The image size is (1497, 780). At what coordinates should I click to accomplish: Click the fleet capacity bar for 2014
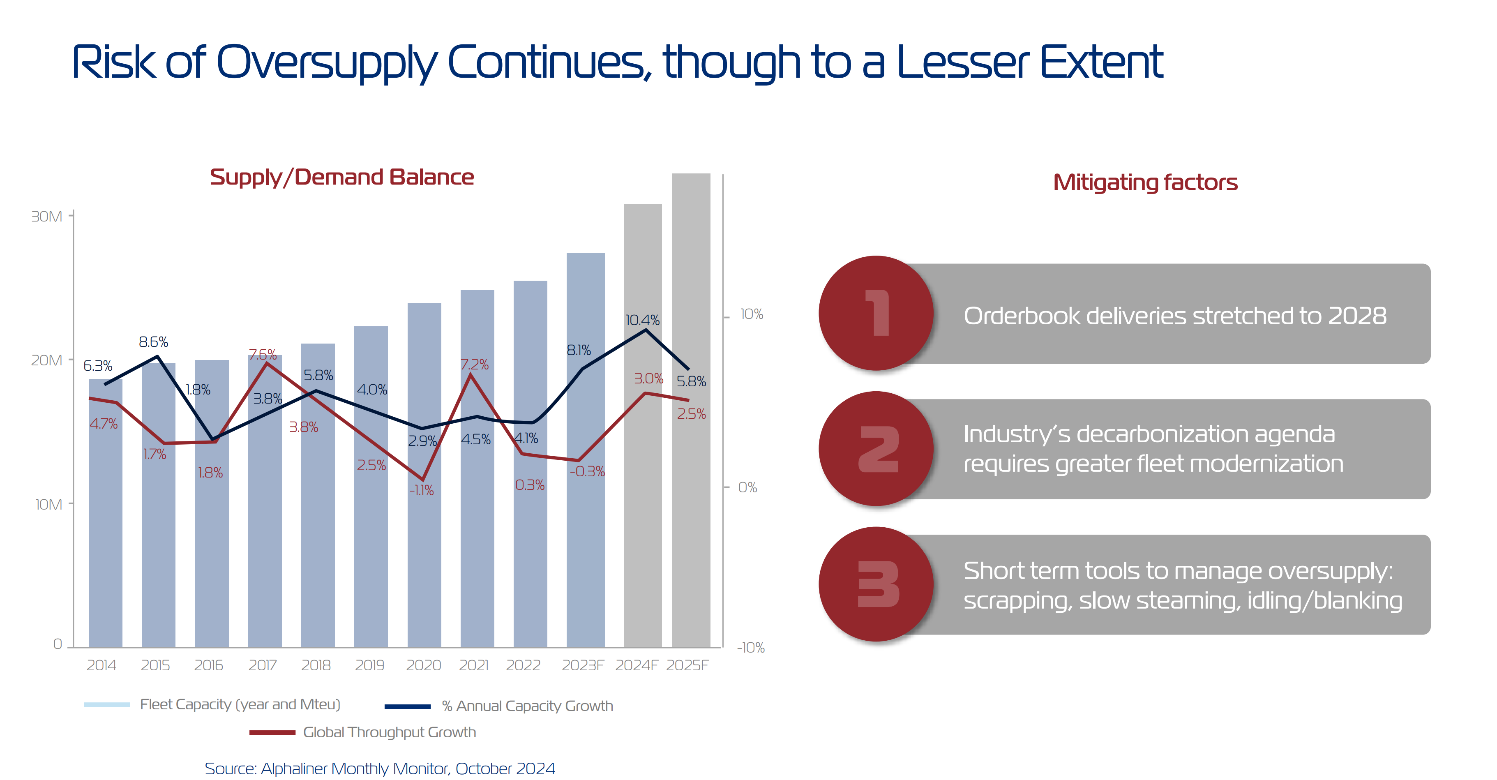click(x=105, y=523)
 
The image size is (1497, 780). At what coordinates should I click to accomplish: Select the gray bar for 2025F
click(x=691, y=523)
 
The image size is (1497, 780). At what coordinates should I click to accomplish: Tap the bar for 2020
click(x=424, y=552)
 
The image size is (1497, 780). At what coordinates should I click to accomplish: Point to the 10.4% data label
click(x=642, y=320)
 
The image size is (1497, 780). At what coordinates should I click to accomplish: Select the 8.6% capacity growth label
click(x=153, y=342)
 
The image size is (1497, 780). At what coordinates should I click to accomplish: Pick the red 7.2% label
click(x=474, y=365)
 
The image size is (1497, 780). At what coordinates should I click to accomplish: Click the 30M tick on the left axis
click(x=46, y=216)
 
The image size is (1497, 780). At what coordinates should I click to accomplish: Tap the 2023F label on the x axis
click(x=583, y=665)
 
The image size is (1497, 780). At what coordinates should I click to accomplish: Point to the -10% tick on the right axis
click(x=751, y=648)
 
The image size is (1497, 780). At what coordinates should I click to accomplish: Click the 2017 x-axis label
click(x=263, y=665)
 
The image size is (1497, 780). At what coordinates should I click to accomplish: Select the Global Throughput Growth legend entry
click(x=389, y=732)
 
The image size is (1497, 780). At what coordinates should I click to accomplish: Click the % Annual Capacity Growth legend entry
click(x=526, y=706)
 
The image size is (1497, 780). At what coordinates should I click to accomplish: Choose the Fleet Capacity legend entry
click(x=240, y=704)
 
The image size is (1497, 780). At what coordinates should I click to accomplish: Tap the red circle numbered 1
click(x=876, y=313)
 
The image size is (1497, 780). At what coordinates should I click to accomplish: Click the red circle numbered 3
click(x=876, y=584)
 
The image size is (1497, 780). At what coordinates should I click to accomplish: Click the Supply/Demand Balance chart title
click(x=342, y=177)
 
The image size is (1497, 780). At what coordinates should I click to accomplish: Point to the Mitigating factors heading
click(x=1145, y=182)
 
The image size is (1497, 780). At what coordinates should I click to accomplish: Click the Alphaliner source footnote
click(x=379, y=768)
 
